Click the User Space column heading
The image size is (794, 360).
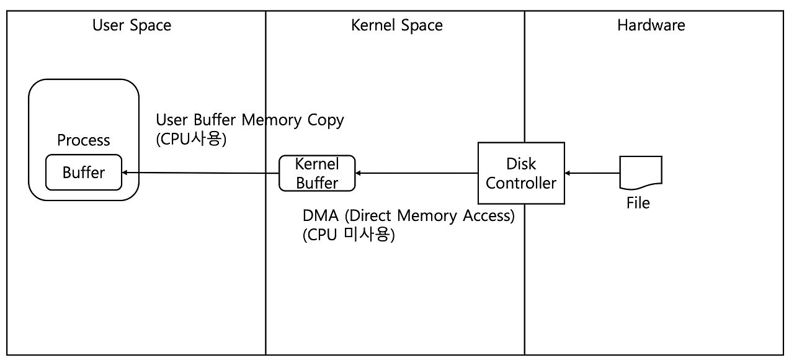click(132, 25)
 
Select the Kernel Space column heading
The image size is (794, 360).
click(396, 25)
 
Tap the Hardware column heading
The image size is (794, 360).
click(651, 25)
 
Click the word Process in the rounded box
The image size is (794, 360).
click(83, 140)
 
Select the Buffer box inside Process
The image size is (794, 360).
click(84, 172)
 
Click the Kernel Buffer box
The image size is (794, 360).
click(317, 173)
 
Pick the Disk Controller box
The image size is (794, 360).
click(521, 173)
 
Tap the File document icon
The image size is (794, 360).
click(641, 172)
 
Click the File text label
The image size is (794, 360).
click(638, 203)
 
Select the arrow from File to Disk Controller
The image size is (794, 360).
click(592, 173)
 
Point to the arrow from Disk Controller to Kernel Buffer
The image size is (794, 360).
click(416, 173)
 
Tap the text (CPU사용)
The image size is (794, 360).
click(192, 138)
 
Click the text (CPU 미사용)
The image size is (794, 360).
click(349, 235)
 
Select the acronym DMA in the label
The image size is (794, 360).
click(320, 216)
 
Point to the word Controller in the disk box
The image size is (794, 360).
click(521, 183)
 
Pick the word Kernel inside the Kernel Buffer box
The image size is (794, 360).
click(317, 164)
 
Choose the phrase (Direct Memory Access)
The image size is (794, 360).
click(429, 216)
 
